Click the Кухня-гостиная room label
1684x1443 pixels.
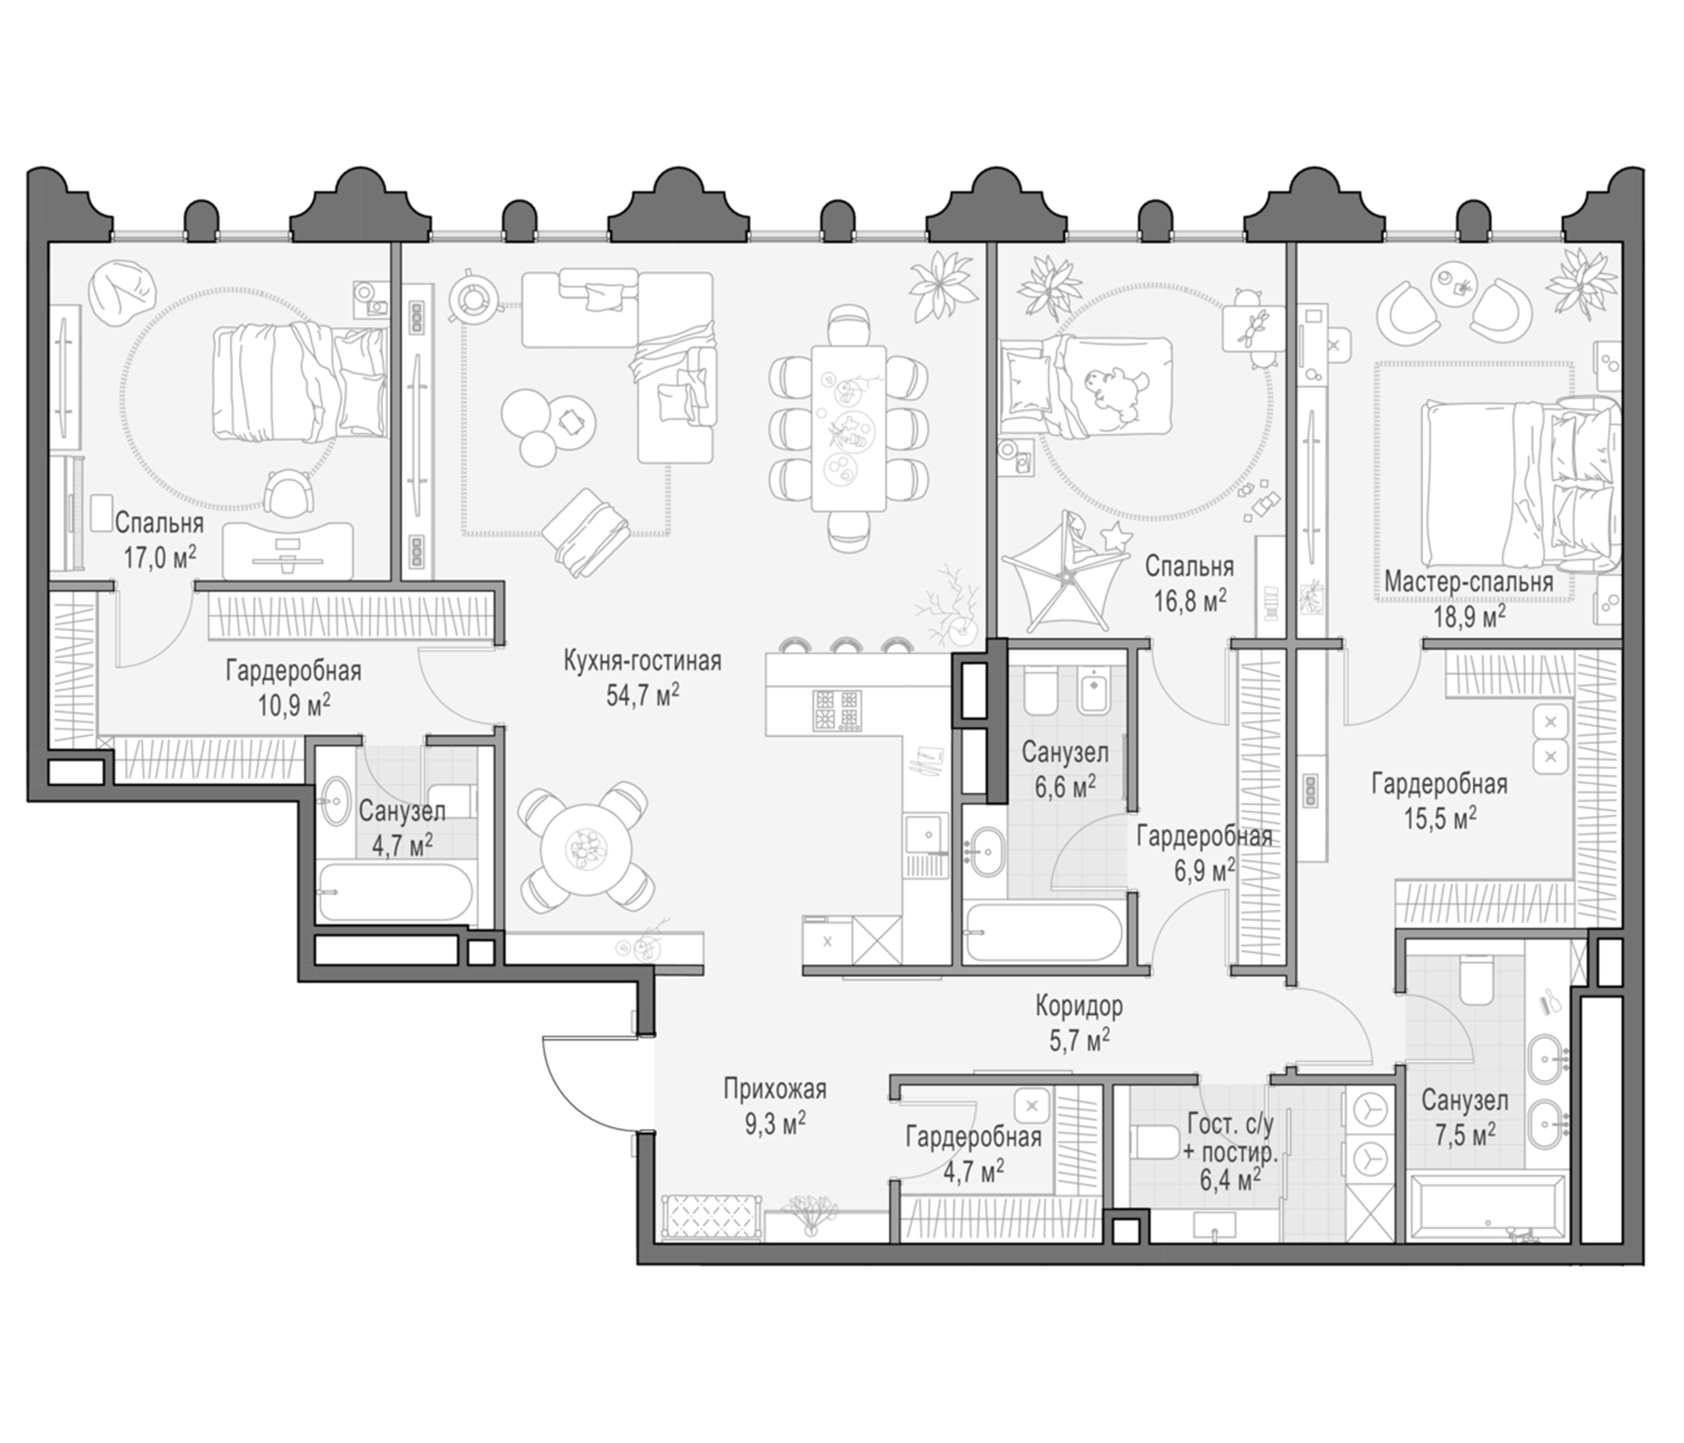coord(642,661)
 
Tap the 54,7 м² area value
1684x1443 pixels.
coord(642,695)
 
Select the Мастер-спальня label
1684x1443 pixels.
coord(1468,582)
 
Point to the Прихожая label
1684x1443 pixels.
coord(775,1088)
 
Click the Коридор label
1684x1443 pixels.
coord(1079,1007)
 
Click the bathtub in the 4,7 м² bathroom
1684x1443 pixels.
coord(395,891)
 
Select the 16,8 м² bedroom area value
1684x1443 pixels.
coord(1189,600)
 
